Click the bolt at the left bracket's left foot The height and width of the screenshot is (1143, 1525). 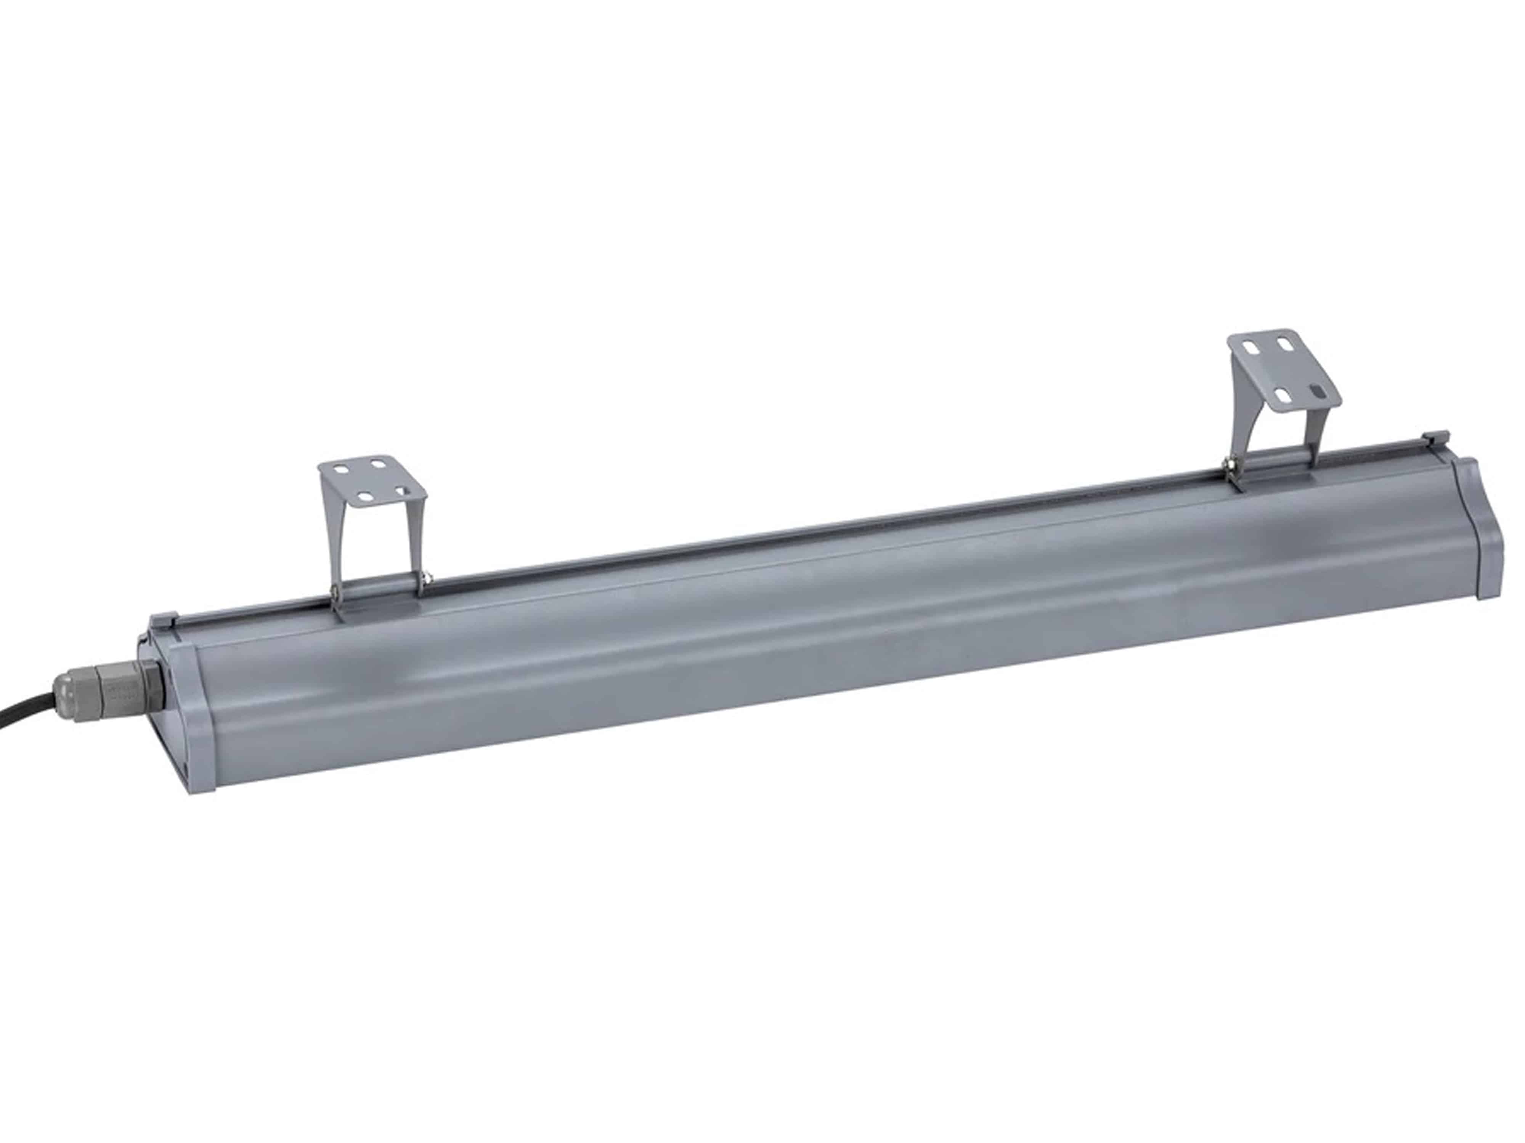[336, 592]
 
